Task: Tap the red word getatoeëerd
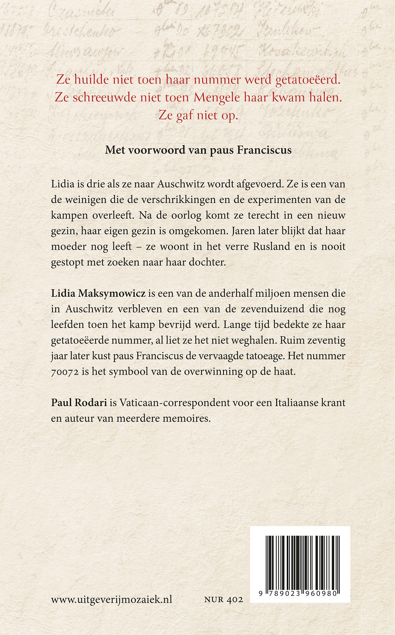(x=308, y=80)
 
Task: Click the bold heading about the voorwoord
(x=198, y=150)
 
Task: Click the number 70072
(x=65, y=372)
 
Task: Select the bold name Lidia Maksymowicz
(x=98, y=294)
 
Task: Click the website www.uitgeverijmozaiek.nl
(x=111, y=599)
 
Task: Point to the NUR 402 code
(x=224, y=600)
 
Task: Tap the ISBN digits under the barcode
(x=300, y=593)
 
